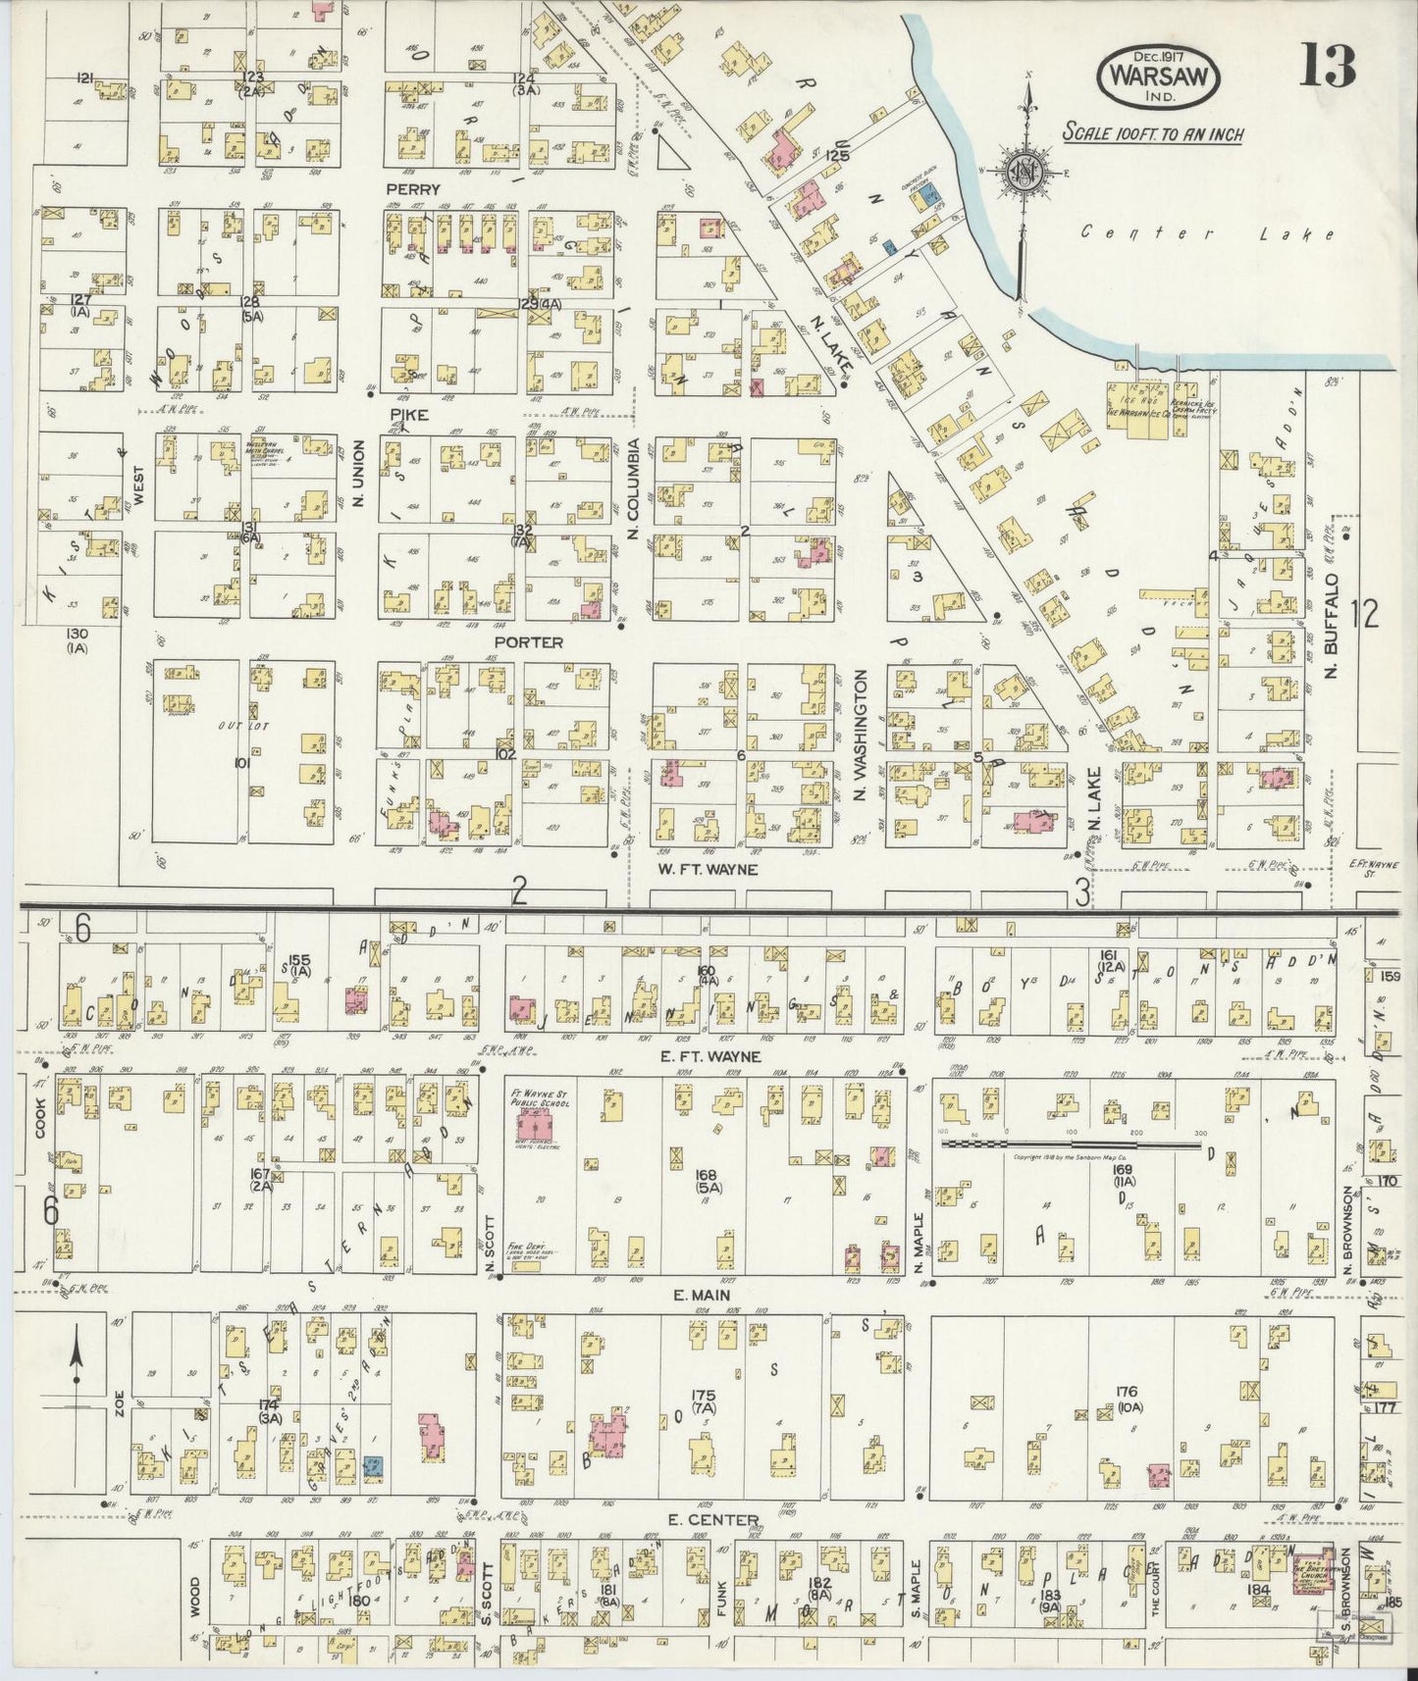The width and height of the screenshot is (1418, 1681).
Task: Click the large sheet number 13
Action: [x=1330, y=67]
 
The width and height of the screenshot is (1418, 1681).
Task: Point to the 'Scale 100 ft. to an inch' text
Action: [x=1153, y=133]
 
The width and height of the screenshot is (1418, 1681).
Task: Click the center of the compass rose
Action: [x=1026, y=174]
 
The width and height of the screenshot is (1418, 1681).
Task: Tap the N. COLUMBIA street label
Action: [x=634, y=488]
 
